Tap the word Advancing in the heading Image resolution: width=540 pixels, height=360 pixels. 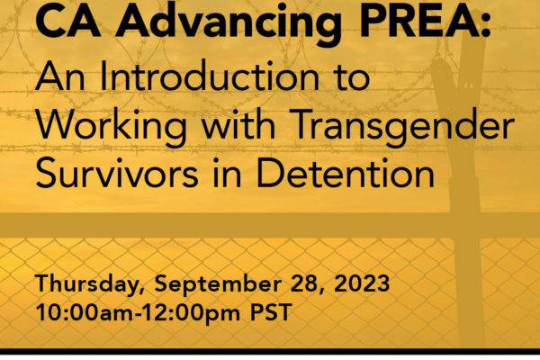point(229,23)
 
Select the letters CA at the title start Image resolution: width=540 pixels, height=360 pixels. point(67,21)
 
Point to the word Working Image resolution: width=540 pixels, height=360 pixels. point(111,127)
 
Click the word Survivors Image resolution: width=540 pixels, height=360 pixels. point(117,173)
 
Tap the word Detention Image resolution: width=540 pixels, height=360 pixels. point(345,173)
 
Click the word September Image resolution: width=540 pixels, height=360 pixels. point(218,284)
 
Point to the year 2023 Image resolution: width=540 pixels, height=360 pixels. point(362,283)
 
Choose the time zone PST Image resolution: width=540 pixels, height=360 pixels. point(271,312)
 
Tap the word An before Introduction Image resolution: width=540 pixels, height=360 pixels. point(60,76)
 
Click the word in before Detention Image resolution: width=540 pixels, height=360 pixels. point(227,173)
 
